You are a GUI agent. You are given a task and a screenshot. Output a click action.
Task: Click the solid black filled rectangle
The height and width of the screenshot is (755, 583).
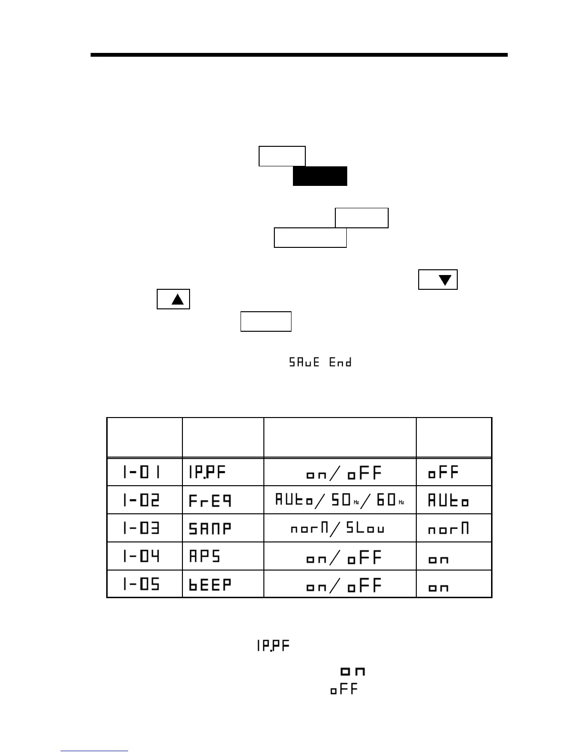click(320, 176)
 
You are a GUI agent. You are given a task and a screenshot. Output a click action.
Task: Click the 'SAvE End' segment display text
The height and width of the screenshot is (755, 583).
click(320, 362)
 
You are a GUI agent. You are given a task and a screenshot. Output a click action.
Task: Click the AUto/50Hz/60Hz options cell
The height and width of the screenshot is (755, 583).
click(340, 500)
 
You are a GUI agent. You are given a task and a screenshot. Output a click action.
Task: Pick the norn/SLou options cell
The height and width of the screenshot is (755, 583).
click(340, 528)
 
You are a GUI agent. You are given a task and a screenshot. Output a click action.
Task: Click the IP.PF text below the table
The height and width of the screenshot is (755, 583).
click(273, 646)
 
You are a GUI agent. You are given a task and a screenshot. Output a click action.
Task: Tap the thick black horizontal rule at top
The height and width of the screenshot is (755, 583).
click(299, 55)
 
